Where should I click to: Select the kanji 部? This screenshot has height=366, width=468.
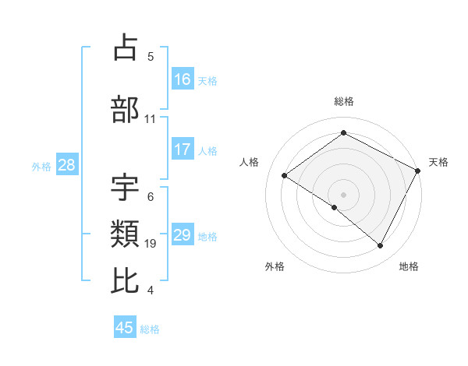pos(126,109)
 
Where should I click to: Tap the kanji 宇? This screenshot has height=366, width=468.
pos(126,186)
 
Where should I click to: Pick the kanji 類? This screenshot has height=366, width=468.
pos(126,233)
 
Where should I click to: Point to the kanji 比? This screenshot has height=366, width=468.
pos(126,280)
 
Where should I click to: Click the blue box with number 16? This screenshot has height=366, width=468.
pos(183,79)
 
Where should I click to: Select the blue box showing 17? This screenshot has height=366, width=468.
pos(183,150)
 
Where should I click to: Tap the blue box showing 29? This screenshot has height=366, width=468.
pos(183,235)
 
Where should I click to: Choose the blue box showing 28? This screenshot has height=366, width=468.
pos(66,165)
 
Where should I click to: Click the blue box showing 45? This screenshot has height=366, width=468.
pos(125,328)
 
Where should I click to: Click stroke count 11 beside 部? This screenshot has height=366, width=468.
pos(151,119)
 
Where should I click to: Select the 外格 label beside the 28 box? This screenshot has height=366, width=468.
pos(41,166)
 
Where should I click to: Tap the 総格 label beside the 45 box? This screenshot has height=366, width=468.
pos(150,329)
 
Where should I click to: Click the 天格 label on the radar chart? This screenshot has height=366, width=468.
pos(438,162)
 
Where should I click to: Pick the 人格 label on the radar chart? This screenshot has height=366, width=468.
pos(250,162)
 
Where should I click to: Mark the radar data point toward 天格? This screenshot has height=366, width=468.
pos(417,171)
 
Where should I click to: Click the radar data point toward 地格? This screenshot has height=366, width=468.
pos(381,246)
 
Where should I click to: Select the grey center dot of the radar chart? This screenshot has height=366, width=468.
pos(343,194)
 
